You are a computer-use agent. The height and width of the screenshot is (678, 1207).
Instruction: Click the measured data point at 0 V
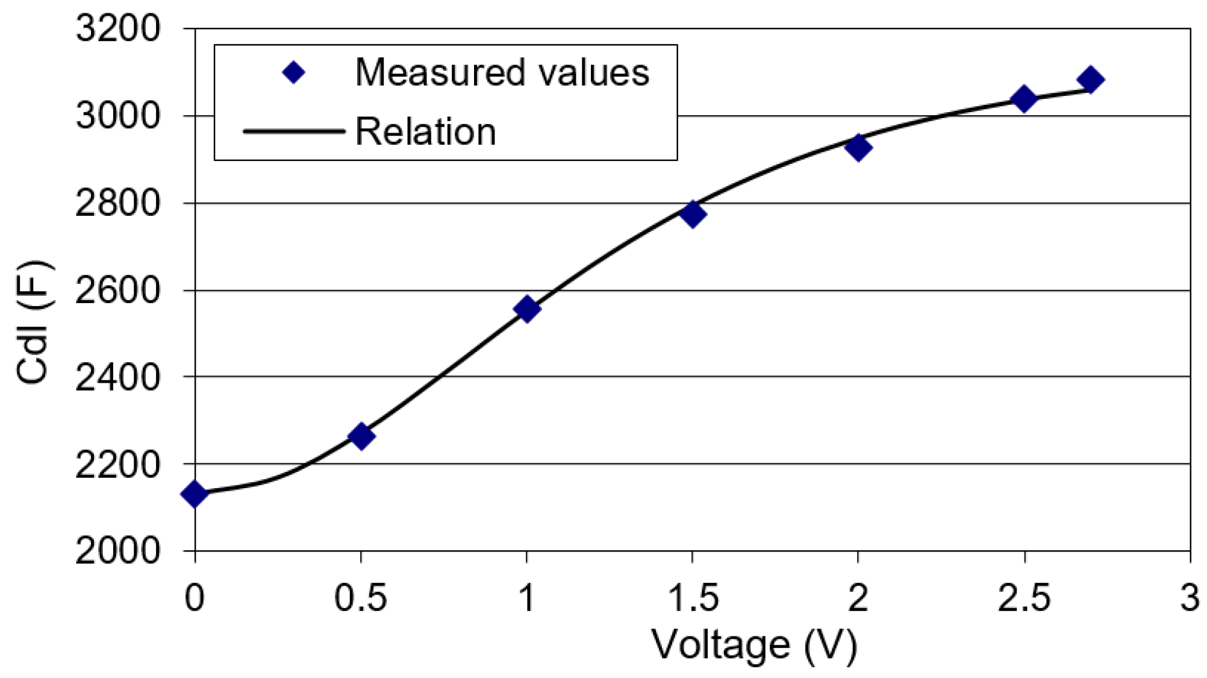195,494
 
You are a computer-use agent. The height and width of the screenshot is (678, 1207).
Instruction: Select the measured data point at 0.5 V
361,436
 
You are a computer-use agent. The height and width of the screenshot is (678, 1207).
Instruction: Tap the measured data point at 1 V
527,309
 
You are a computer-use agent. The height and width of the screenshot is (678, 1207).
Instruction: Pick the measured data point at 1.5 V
693,214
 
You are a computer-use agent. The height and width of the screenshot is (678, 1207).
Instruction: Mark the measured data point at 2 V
858,147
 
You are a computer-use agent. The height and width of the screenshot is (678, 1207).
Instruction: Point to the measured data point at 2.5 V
1024,98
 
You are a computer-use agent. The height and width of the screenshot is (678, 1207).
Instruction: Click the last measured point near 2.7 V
1090,80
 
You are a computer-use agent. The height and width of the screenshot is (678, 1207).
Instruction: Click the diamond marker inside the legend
293,73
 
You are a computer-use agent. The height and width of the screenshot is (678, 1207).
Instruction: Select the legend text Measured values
502,73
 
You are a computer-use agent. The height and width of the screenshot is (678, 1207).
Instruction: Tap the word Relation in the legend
425,131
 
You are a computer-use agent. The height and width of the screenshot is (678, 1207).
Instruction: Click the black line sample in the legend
293,131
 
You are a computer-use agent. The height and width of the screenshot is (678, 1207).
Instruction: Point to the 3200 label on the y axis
118,28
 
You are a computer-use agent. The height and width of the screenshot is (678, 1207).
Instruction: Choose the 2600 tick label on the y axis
118,290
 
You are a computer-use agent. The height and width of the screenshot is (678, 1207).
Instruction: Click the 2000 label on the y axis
118,550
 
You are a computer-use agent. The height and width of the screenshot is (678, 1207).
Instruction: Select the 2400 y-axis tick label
118,377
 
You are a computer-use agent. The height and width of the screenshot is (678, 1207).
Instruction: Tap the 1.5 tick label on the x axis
693,598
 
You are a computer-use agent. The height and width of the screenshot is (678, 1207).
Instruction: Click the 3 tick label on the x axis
1190,598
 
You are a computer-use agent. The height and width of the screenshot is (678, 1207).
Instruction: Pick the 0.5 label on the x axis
360,598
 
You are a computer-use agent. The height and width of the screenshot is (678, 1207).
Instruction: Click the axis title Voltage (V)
754,645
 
